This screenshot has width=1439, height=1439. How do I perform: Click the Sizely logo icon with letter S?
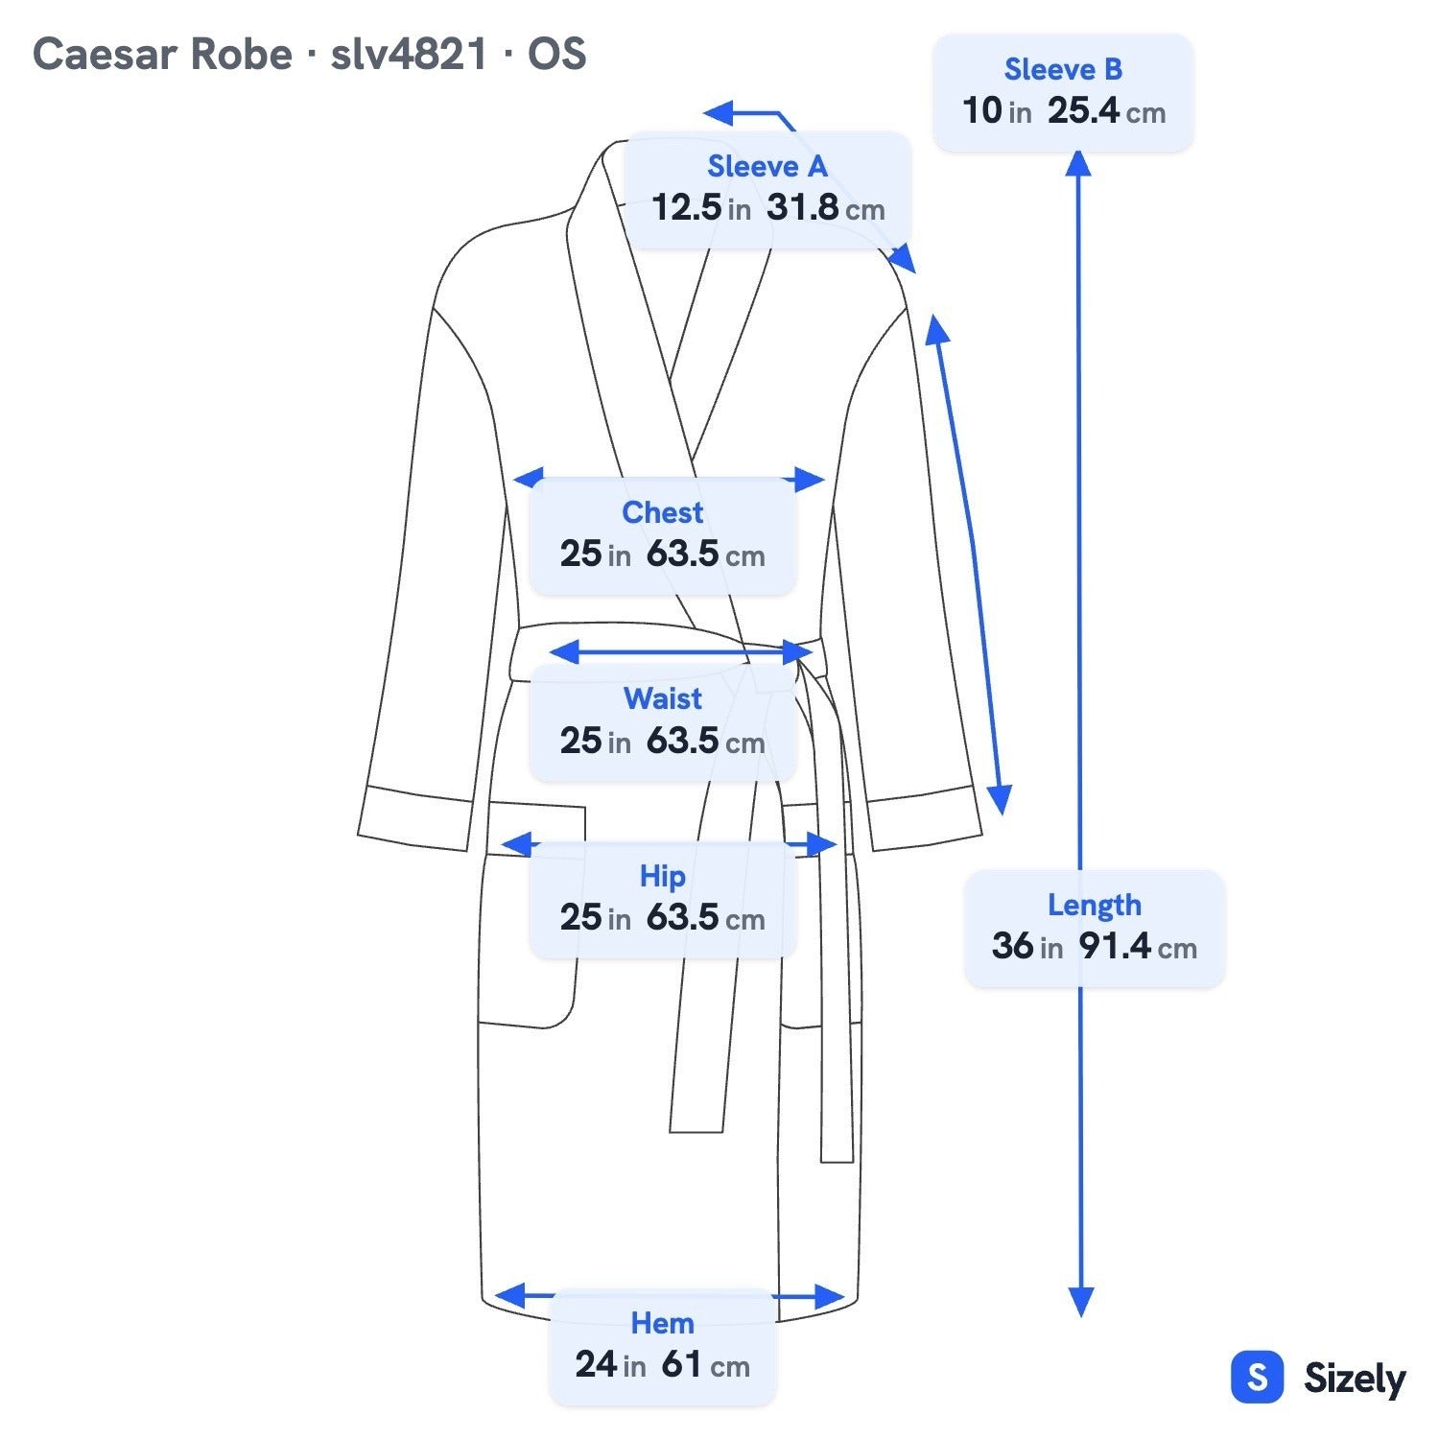(1257, 1378)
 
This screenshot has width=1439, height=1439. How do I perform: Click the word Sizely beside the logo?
(1355, 1380)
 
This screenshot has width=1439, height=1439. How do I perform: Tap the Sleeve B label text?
(1063, 69)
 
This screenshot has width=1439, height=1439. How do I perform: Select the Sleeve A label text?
(767, 166)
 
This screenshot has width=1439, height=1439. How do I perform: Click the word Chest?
(662, 512)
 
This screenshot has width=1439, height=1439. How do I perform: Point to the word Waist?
(662, 698)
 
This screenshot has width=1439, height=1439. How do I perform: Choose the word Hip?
(662, 876)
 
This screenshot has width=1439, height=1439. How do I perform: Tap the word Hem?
(662, 1323)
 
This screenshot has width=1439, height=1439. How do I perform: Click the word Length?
(1094, 905)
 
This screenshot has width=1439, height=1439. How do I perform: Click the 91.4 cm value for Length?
(1138, 947)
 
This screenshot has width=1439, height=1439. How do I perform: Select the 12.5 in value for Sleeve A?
(701, 207)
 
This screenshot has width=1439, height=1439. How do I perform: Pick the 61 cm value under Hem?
(705, 1364)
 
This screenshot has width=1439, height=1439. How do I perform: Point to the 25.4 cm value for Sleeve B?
(1106, 111)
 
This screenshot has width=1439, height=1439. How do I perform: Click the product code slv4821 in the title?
(409, 55)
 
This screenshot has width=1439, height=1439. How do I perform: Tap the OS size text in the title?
(556, 55)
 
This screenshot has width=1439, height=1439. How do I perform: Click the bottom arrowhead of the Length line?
(1081, 1303)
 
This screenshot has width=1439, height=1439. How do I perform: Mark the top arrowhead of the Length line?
(1078, 164)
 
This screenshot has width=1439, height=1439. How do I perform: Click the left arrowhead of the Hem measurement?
(508, 1295)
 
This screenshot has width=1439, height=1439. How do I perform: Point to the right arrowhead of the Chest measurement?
(811, 480)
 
